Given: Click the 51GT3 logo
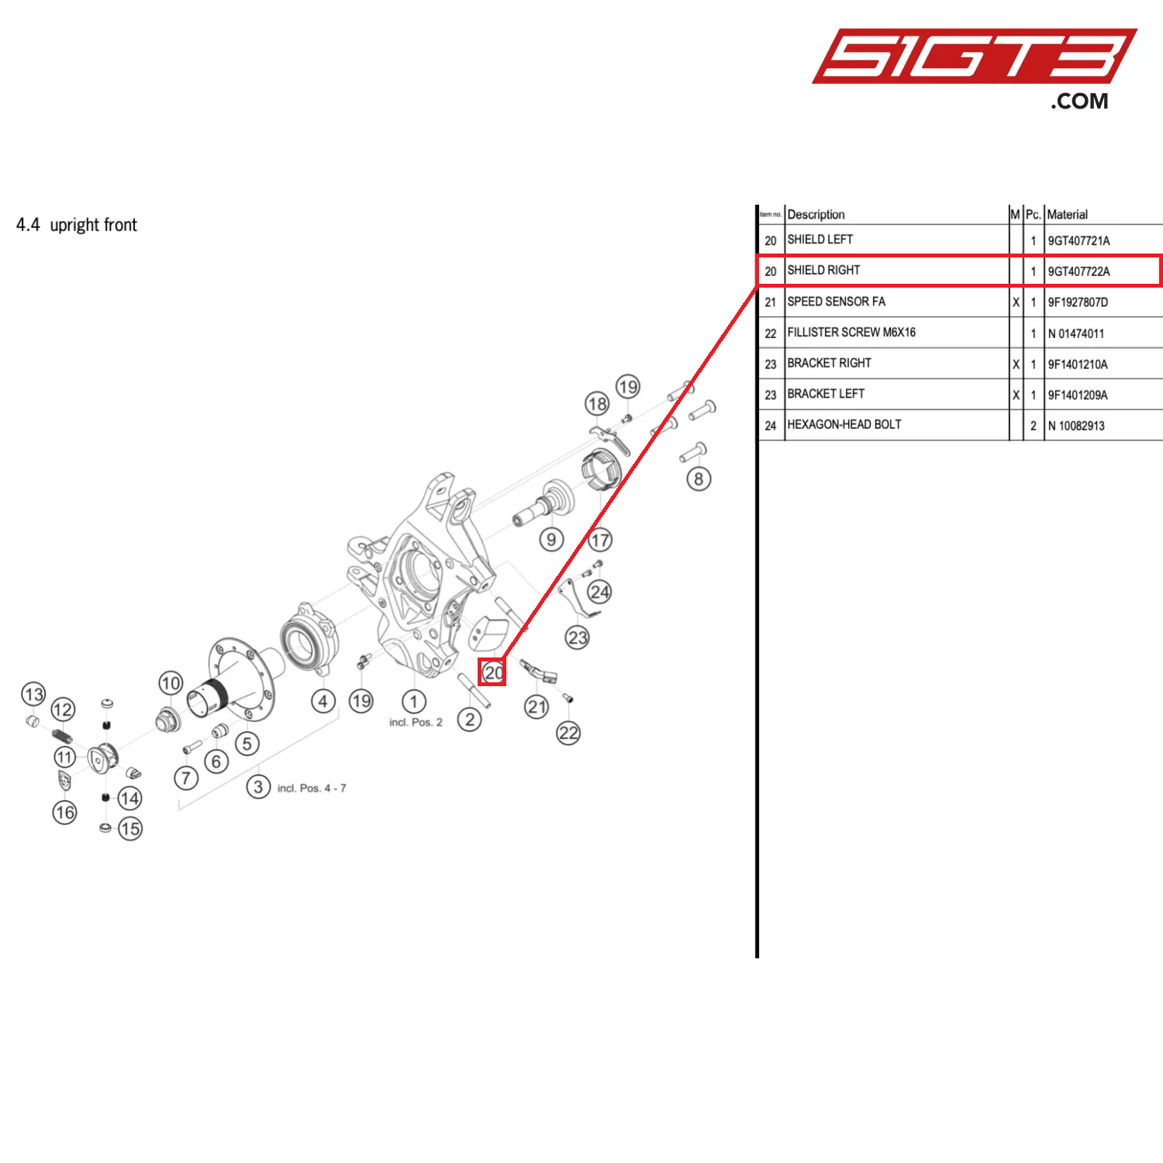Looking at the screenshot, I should coord(973,57).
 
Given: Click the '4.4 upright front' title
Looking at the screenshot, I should coord(77,225).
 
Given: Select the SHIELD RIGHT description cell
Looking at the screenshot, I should coord(823,271).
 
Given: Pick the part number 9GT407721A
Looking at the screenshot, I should coord(1078,240).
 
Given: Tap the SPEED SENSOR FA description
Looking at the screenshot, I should coord(836,302).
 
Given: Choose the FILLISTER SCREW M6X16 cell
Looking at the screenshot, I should coord(851,333).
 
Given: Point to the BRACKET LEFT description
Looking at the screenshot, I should coord(826,394).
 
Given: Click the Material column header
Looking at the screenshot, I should coord(1067,215).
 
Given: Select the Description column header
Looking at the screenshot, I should coord(816,215).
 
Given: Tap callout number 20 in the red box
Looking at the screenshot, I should coord(492,672).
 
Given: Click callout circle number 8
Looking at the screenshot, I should coord(699,479).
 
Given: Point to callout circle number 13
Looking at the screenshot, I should coord(33,694).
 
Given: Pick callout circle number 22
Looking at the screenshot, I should coord(568,733).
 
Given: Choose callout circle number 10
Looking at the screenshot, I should coord(171,683).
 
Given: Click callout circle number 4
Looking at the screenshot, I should coord(323,702).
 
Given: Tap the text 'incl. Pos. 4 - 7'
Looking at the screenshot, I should coord(312,789).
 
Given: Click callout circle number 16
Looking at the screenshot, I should coord(64,813).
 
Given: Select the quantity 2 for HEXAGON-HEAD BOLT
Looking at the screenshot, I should coord(1033,426).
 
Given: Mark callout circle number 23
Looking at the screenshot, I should coord(578,638).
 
